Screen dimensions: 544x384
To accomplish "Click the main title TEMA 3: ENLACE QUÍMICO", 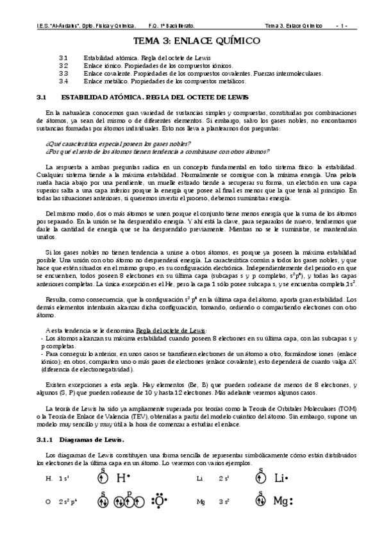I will coord(192,41).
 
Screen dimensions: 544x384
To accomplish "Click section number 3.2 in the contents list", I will coord(63,66).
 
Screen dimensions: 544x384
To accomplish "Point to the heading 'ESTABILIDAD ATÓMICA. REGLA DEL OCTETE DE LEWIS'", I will coord(151,98).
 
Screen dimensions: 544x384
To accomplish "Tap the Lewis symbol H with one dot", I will coord(123,478).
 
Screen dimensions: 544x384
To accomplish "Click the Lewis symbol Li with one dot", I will coord(281,478).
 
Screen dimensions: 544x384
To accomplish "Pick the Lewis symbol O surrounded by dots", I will coord(158,500).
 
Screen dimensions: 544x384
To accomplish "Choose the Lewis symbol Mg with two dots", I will coord(283,500).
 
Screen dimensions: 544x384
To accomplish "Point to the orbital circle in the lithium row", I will coord(260,479).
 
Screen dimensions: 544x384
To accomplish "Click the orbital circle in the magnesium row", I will coord(260,501).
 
